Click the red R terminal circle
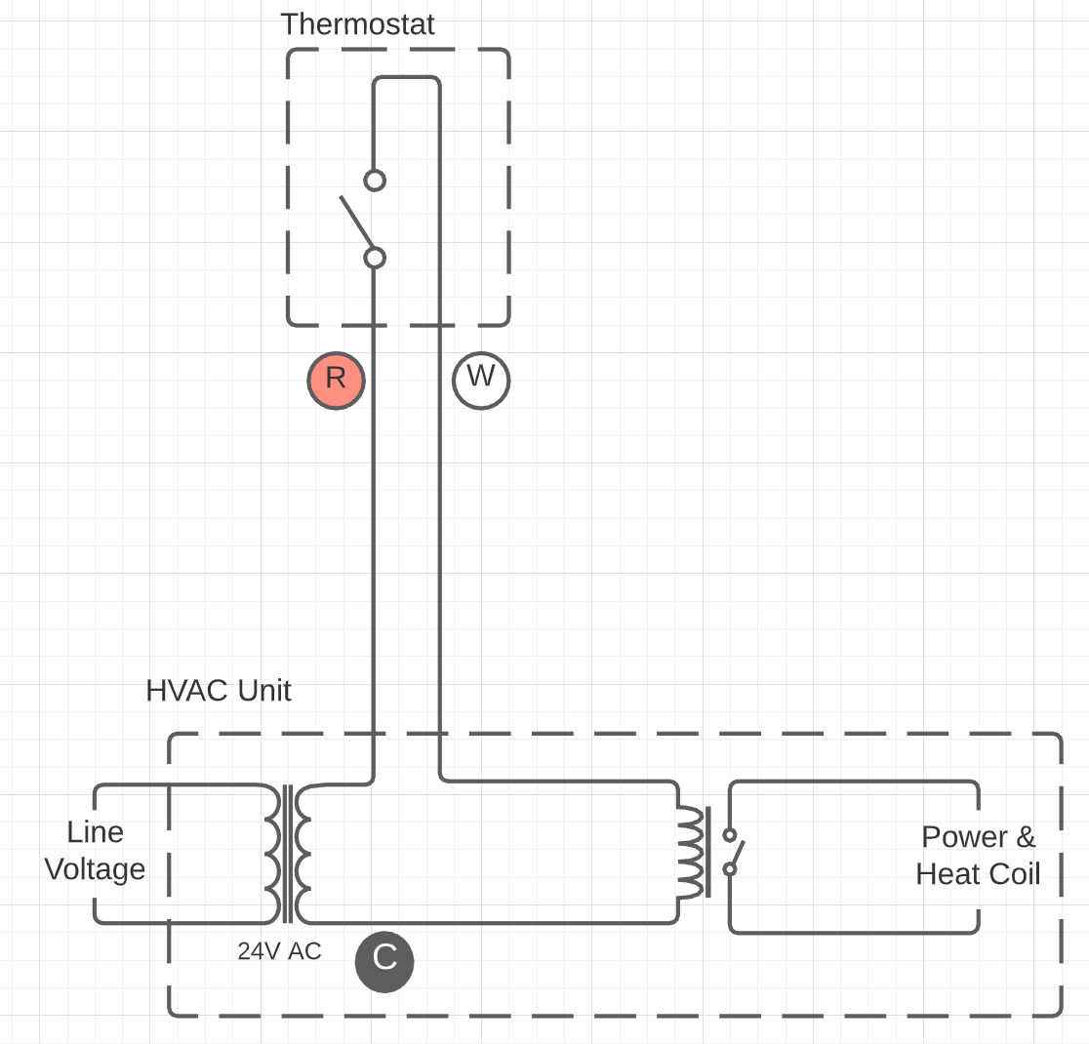point(336,380)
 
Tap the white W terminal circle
point(481,380)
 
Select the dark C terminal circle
point(384,962)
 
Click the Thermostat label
point(358,24)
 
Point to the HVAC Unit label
point(218,691)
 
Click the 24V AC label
point(279,951)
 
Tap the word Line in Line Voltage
point(96,832)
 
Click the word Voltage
point(96,869)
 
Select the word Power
point(964,836)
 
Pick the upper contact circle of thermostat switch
point(375,181)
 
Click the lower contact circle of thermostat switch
point(375,258)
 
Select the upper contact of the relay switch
point(729,834)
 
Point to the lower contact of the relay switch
point(729,869)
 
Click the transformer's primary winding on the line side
point(272,853)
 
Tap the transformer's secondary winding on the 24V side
point(302,853)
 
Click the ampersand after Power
point(1026,836)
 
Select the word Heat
point(948,874)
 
